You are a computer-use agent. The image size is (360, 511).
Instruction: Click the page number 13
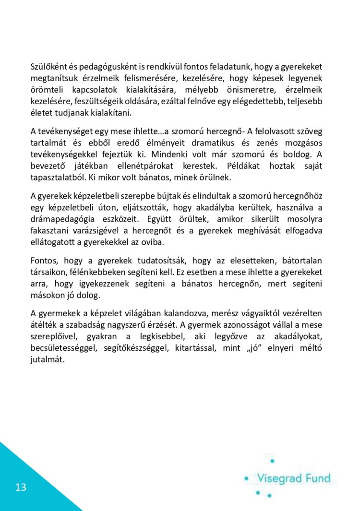click(x=21, y=487)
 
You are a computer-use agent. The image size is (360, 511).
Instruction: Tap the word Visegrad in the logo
click(x=280, y=478)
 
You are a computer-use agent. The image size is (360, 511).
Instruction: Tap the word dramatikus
click(x=204, y=143)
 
